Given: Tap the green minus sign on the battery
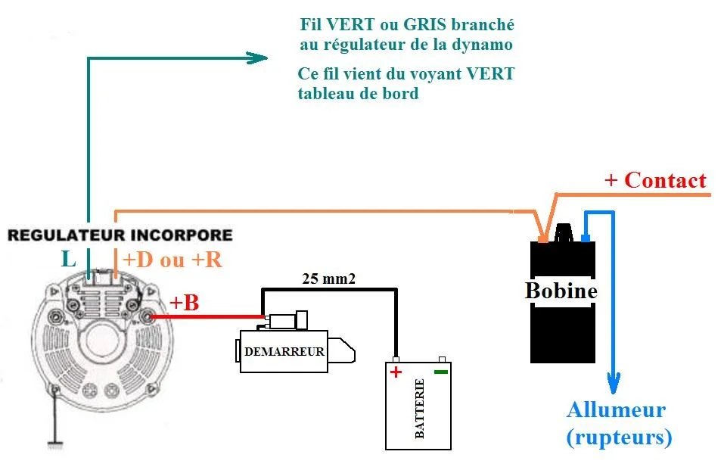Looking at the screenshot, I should pos(441,372).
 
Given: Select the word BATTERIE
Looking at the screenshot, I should pos(420,409).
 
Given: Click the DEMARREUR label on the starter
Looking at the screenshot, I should pos(284,351).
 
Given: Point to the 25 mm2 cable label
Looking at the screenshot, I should pos(329,278).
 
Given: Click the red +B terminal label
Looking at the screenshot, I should pos(184,303).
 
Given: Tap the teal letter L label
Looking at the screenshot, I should pos(69,260).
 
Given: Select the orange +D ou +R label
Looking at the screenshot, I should pos(172,260).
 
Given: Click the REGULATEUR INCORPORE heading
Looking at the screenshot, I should pos(120,235).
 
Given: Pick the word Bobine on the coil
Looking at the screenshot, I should pos(561,291).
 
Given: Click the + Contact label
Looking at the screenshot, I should pos(655,180).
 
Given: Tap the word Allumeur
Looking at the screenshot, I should pos(616,410).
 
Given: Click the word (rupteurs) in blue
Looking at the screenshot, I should pos(619,437).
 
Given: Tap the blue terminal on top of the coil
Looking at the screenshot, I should pos(585,238).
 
